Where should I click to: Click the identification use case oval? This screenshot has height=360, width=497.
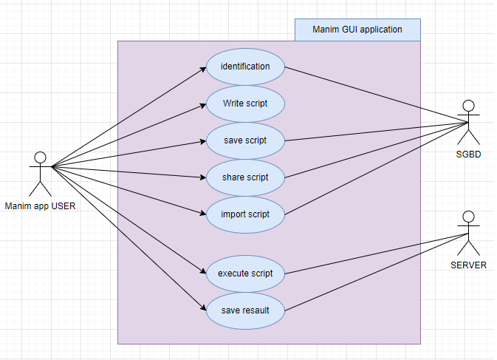pyautogui.click(x=245, y=67)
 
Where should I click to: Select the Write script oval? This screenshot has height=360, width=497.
pyautogui.click(x=245, y=103)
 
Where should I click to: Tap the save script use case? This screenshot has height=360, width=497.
pyautogui.click(x=245, y=140)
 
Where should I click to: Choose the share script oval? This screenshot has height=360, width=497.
pyautogui.click(x=245, y=177)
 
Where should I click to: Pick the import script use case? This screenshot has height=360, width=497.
pyautogui.click(x=245, y=214)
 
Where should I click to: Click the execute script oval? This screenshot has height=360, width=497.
pyautogui.click(x=245, y=274)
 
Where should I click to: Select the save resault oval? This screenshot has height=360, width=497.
pyautogui.click(x=245, y=310)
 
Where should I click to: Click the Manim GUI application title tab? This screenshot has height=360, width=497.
pyautogui.click(x=357, y=30)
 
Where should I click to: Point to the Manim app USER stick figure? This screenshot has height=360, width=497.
pyautogui.click(x=40, y=174)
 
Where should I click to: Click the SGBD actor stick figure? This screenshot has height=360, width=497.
pyautogui.click(x=468, y=122)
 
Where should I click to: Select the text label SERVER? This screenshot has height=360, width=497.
pyautogui.click(x=467, y=265)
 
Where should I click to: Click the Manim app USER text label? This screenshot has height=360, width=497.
pyautogui.click(x=40, y=206)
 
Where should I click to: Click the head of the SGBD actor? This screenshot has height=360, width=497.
pyautogui.click(x=468, y=105)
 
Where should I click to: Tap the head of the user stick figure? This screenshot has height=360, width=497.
pyautogui.click(x=40, y=157)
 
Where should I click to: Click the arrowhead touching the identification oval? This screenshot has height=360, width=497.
pyautogui.click(x=203, y=69)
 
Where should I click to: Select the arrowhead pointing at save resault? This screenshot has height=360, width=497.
pyautogui.click(x=203, y=308)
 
